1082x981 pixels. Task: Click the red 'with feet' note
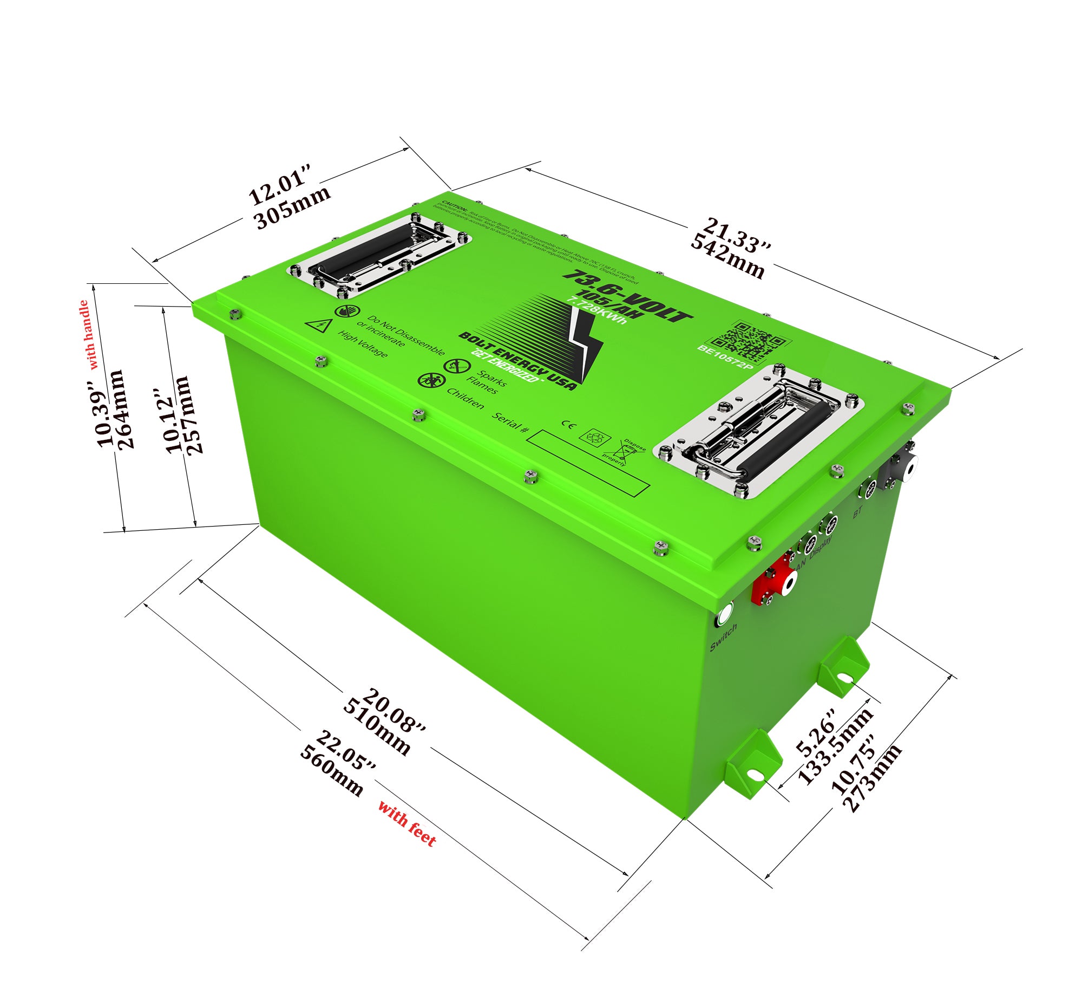[x=407, y=823]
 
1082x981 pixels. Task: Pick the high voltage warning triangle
[x=318, y=325]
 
